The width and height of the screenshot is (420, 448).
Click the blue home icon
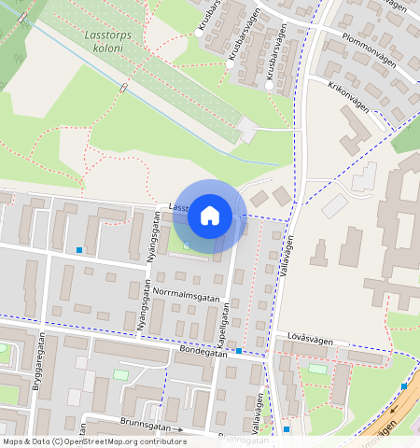(210, 216)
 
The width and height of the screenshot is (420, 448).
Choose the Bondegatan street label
(203, 353)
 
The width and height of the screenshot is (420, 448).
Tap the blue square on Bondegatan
(240, 351)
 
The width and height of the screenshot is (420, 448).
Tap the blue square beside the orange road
(404, 385)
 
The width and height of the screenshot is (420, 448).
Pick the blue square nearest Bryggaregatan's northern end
(79, 250)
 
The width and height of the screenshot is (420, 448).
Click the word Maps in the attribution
(14, 441)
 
